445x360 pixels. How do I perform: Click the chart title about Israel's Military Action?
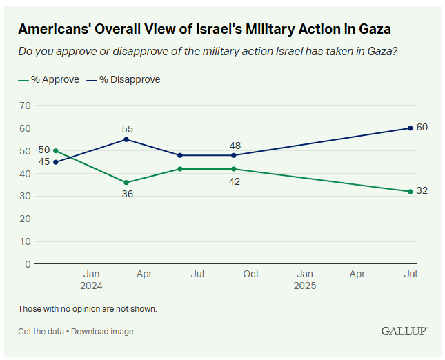204,30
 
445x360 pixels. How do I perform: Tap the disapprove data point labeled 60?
411,128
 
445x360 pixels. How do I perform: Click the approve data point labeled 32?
411,191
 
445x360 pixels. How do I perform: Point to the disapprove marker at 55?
126,139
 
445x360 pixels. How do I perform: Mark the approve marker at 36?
126,183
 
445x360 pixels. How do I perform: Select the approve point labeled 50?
55,150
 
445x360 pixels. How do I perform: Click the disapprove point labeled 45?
55,162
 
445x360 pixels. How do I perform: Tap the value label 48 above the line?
235,146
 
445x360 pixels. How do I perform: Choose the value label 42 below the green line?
235,181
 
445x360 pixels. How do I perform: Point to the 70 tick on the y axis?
26,106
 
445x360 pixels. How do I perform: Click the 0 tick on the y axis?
28,264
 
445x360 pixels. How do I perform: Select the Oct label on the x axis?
251,274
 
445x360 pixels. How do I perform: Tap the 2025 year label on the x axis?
304,286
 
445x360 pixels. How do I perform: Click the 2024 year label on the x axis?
90,286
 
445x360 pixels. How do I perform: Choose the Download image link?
103,332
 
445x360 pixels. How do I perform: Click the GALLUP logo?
404,331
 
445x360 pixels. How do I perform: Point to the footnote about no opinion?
88,308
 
